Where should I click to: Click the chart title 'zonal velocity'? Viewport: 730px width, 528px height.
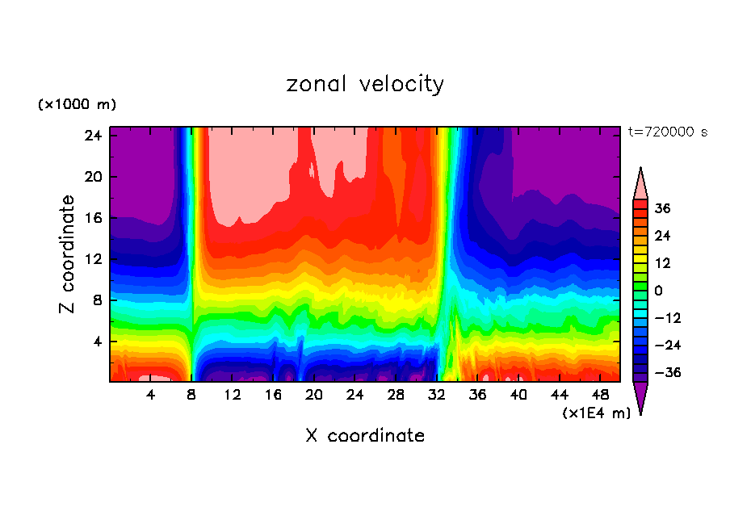pyautogui.click(x=365, y=84)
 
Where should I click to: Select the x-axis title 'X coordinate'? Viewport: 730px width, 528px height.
pyautogui.click(x=365, y=436)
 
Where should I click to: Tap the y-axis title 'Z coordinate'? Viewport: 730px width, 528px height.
pyautogui.click(x=68, y=254)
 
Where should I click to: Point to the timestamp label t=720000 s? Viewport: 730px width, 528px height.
pyautogui.click(x=667, y=132)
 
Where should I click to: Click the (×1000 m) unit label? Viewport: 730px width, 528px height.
pyautogui.click(x=77, y=105)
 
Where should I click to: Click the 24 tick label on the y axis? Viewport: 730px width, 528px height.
pyautogui.click(x=92, y=136)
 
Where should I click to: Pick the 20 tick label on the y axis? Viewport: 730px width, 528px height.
pyautogui.click(x=92, y=177)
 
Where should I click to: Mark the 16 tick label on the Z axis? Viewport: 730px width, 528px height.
pyautogui.click(x=92, y=218)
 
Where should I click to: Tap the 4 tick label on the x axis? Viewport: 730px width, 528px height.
pyautogui.click(x=151, y=395)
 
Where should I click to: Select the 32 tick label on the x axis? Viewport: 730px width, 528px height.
pyautogui.click(x=437, y=395)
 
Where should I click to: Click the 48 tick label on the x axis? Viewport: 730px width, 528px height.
pyautogui.click(x=600, y=395)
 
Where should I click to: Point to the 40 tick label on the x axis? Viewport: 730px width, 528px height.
pyautogui.click(x=518, y=395)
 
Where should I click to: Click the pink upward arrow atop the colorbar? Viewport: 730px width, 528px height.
pyautogui.click(x=640, y=183)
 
